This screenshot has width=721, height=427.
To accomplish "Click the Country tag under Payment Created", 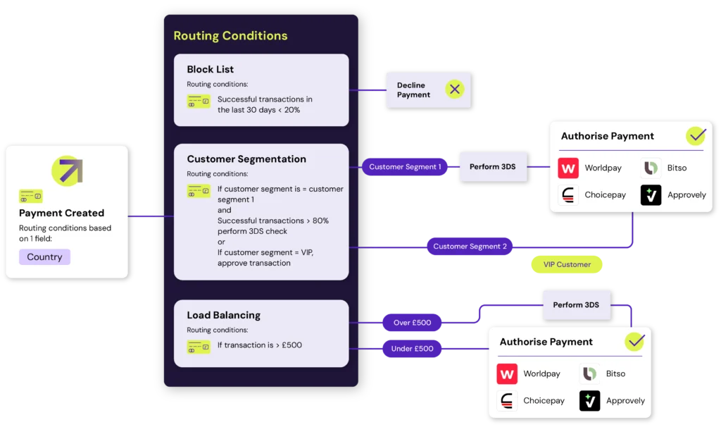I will click(44, 256).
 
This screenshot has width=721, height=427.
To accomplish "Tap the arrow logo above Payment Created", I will click(67, 171).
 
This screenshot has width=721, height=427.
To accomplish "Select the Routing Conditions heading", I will click(230, 36).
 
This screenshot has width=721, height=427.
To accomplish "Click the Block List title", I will click(210, 69).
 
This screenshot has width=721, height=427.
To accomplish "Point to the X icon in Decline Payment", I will click(455, 89).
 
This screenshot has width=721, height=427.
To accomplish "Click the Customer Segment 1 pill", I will click(405, 167).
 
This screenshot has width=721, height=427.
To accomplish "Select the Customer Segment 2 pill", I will click(470, 247).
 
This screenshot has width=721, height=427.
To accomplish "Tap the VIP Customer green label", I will click(567, 265).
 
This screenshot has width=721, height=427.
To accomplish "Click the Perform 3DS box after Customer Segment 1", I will click(493, 167).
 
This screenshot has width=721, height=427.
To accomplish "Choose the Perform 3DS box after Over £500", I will click(576, 304).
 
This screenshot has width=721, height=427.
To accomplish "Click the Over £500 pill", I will click(413, 323).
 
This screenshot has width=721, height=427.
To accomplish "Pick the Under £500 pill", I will click(413, 349).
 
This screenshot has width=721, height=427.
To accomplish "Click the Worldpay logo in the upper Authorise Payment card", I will click(568, 168).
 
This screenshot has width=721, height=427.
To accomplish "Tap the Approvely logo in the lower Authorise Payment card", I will click(589, 400).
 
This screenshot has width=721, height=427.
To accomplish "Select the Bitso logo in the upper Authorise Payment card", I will click(651, 168).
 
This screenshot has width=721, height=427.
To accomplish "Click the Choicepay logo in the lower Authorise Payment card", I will click(507, 400).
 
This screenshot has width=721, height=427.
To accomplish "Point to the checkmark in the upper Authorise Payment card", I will click(696, 135).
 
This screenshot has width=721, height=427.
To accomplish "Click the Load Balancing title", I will click(223, 315).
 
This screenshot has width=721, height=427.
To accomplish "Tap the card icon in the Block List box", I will click(199, 101).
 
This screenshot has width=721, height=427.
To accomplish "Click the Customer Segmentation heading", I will click(246, 159).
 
